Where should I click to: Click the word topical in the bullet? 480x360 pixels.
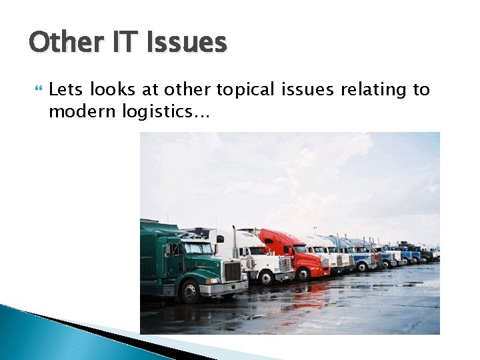pyautogui.click(x=243, y=89)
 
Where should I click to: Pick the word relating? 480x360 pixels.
pyautogui.click(x=369, y=89)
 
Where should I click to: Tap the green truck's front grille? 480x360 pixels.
pyautogui.click(x=233, y=272)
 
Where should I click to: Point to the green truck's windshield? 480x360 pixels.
pyautogui.click(x=198, y=249)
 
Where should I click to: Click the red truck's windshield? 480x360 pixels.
pyautogui.click(x=300, y=249)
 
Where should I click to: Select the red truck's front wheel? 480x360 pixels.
pyautogui.click(x=303, y=273)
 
